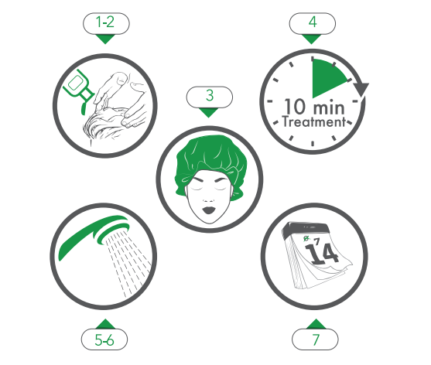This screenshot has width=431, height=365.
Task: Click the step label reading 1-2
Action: pos(106,23)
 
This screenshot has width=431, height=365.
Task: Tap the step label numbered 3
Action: pos(210,97)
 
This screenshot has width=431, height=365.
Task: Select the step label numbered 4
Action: pos(313,23)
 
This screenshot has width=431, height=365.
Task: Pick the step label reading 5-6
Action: pos(104,339)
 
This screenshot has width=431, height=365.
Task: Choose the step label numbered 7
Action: pos(315,339)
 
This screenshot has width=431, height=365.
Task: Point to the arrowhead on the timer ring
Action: pos(361,89)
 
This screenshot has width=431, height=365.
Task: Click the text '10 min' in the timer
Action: pos(314,107)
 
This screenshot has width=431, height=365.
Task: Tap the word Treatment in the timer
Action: pos(314,122)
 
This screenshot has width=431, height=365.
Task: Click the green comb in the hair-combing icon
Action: pos(80,89)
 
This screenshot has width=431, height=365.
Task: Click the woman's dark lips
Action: pos(209,210)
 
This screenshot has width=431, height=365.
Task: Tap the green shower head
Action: pos(94,234)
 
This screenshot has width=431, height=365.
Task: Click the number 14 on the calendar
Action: pos(322,254)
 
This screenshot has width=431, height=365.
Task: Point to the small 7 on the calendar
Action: pos(317,241)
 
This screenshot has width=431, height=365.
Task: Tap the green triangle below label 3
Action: pos(208,113)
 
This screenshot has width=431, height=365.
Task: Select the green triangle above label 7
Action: pos(316,324)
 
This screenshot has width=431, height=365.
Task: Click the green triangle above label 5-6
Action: pos(104,324)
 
